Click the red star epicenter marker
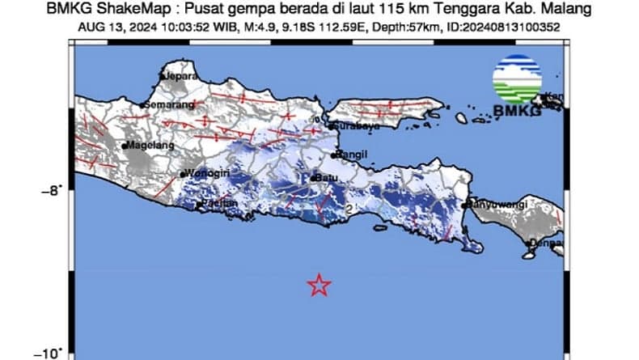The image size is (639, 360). click(x=320, y=285)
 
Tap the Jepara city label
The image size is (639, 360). click(x=181, y=76)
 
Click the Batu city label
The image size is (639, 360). click(x=327, y=178)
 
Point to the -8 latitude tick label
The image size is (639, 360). click(x=51, y=192)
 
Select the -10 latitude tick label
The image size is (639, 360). click(x=48, y=354)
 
